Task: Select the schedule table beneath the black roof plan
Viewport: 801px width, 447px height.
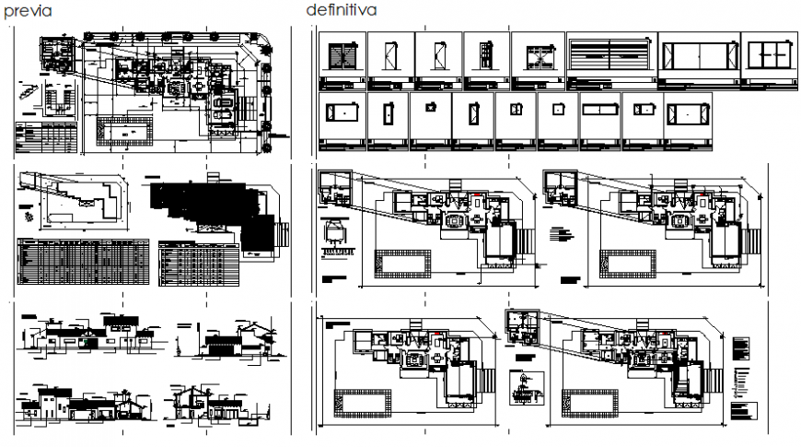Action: [198, 265]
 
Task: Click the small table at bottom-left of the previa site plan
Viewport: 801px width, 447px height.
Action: [46, 138]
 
